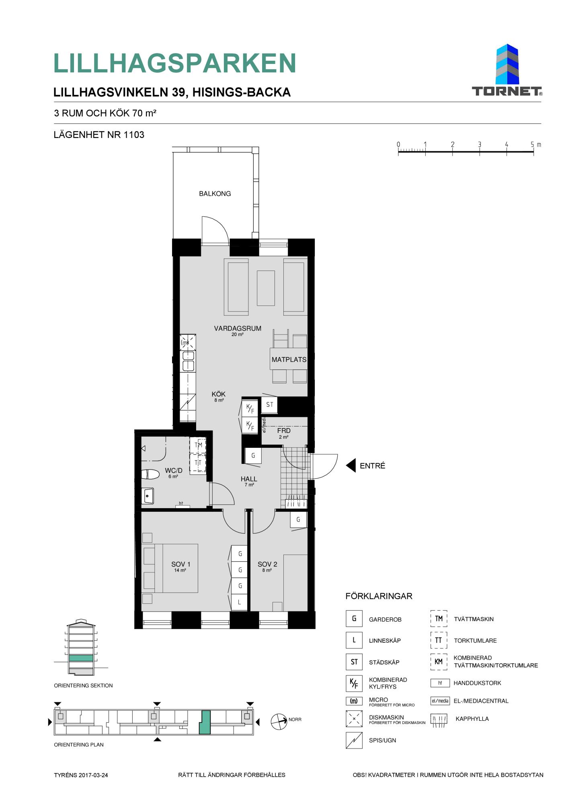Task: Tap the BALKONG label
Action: point(215,194)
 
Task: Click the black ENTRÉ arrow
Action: point(351,466)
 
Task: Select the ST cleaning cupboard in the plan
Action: point(269,405)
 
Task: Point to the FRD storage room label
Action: point(284,431)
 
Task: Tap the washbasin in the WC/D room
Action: point(148,496)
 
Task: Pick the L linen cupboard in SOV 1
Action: point(240,602)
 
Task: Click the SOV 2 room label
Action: point(267,564)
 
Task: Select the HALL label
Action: point(249,479)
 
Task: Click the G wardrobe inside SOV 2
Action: point(298,519)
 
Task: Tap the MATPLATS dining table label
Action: point(289,360)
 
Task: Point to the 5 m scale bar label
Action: point(536,144)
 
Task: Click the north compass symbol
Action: point(279,722)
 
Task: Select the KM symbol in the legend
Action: point(439,662)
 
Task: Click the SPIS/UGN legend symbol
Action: point(354,740)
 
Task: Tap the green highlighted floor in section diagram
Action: point(81,658)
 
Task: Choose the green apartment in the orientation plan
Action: point(205,722)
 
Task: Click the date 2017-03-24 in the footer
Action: point(94,775)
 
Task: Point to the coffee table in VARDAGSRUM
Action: point(266,288)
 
